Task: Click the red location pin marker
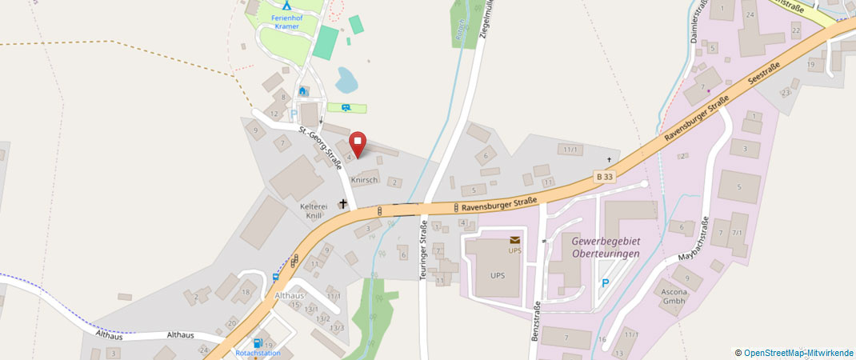(x=358, y=143)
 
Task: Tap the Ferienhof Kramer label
(x=286, y=22)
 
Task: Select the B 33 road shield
(x=605, y=176)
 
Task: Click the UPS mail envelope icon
(x=514, y=239)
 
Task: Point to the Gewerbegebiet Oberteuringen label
(x=606, y=247)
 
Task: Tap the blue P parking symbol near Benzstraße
(x=606, y=283)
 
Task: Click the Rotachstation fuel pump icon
(x=258, y=343)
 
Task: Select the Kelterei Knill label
(x=314, y=210)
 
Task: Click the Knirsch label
(x=364, y=180)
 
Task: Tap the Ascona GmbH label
(x=674, y=295)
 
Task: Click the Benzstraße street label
(x=535, y=320)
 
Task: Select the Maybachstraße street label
(x=694, y=240)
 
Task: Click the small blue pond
(x=346, y=78)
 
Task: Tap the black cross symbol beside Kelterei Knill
(x=343, y=204)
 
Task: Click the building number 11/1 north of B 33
(x=570, y=150)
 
